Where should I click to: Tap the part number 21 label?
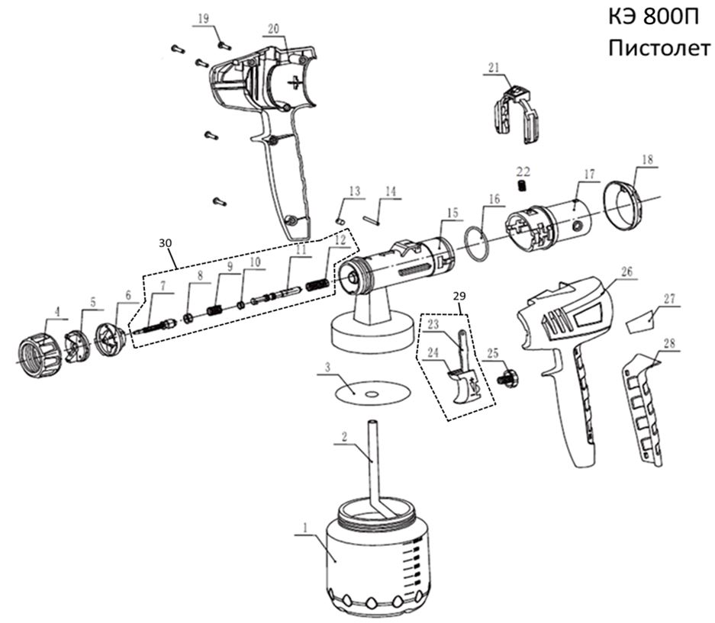tap(492, 68)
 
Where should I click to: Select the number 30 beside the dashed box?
tap(166, 242)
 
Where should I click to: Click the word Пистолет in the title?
tap(659, 48)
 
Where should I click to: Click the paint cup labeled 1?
tap(374, 560)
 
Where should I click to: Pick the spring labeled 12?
tap(320, 283)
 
